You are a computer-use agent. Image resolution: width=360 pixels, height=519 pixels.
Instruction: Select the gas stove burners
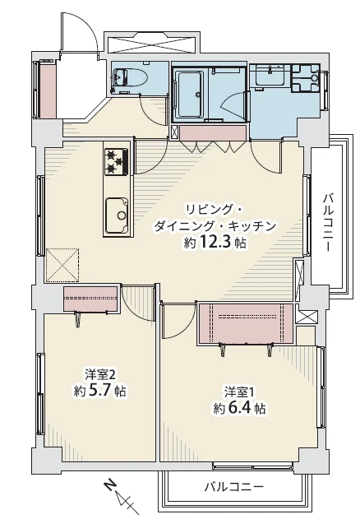[x=116, y=161]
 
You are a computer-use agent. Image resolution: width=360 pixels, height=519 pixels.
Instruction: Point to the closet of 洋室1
[x=245, y=322]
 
